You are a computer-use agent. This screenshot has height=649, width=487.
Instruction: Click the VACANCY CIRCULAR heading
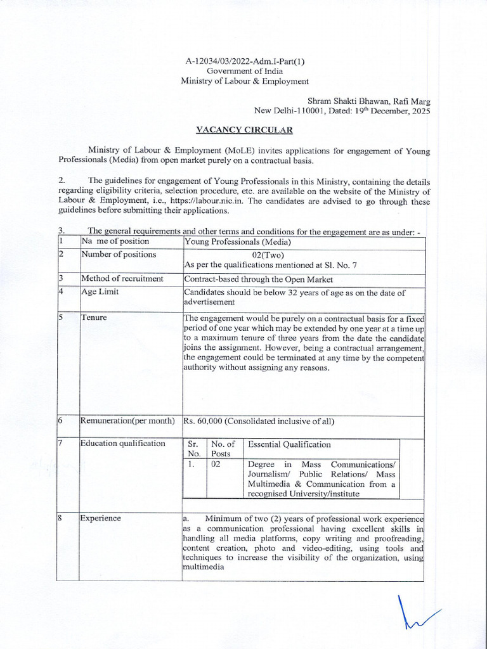[244, 130]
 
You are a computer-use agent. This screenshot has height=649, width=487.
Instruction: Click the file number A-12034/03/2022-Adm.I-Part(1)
[245, 61]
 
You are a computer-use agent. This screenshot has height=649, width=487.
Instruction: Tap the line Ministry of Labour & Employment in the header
[245, 81]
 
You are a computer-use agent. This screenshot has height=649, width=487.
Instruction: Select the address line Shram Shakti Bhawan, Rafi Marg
[368, 101]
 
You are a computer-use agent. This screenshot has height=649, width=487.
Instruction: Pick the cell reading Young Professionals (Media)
[237, 241]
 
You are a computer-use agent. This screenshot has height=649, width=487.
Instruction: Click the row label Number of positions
[118, 255]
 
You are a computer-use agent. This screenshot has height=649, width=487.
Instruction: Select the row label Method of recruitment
[122, 278]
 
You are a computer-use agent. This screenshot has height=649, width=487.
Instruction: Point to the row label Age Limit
[100, 292]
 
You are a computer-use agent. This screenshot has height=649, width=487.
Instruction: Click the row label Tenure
[94, 317]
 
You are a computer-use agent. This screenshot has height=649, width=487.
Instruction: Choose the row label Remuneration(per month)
[127, 421]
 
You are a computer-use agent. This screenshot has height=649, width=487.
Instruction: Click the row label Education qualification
[122, 443]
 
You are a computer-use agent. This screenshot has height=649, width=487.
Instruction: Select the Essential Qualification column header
[289, 445]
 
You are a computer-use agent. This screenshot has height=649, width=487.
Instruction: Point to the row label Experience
[100, 518]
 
